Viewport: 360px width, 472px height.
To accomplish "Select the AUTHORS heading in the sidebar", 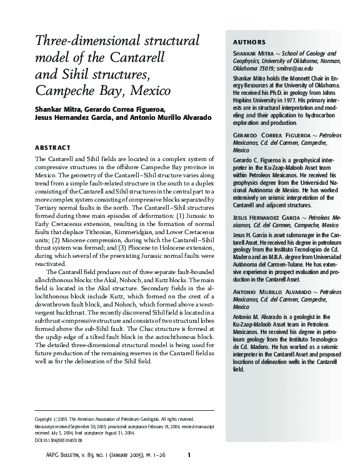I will [x=248, y=42].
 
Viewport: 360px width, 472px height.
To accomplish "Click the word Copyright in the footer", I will [x=43, y=418].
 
